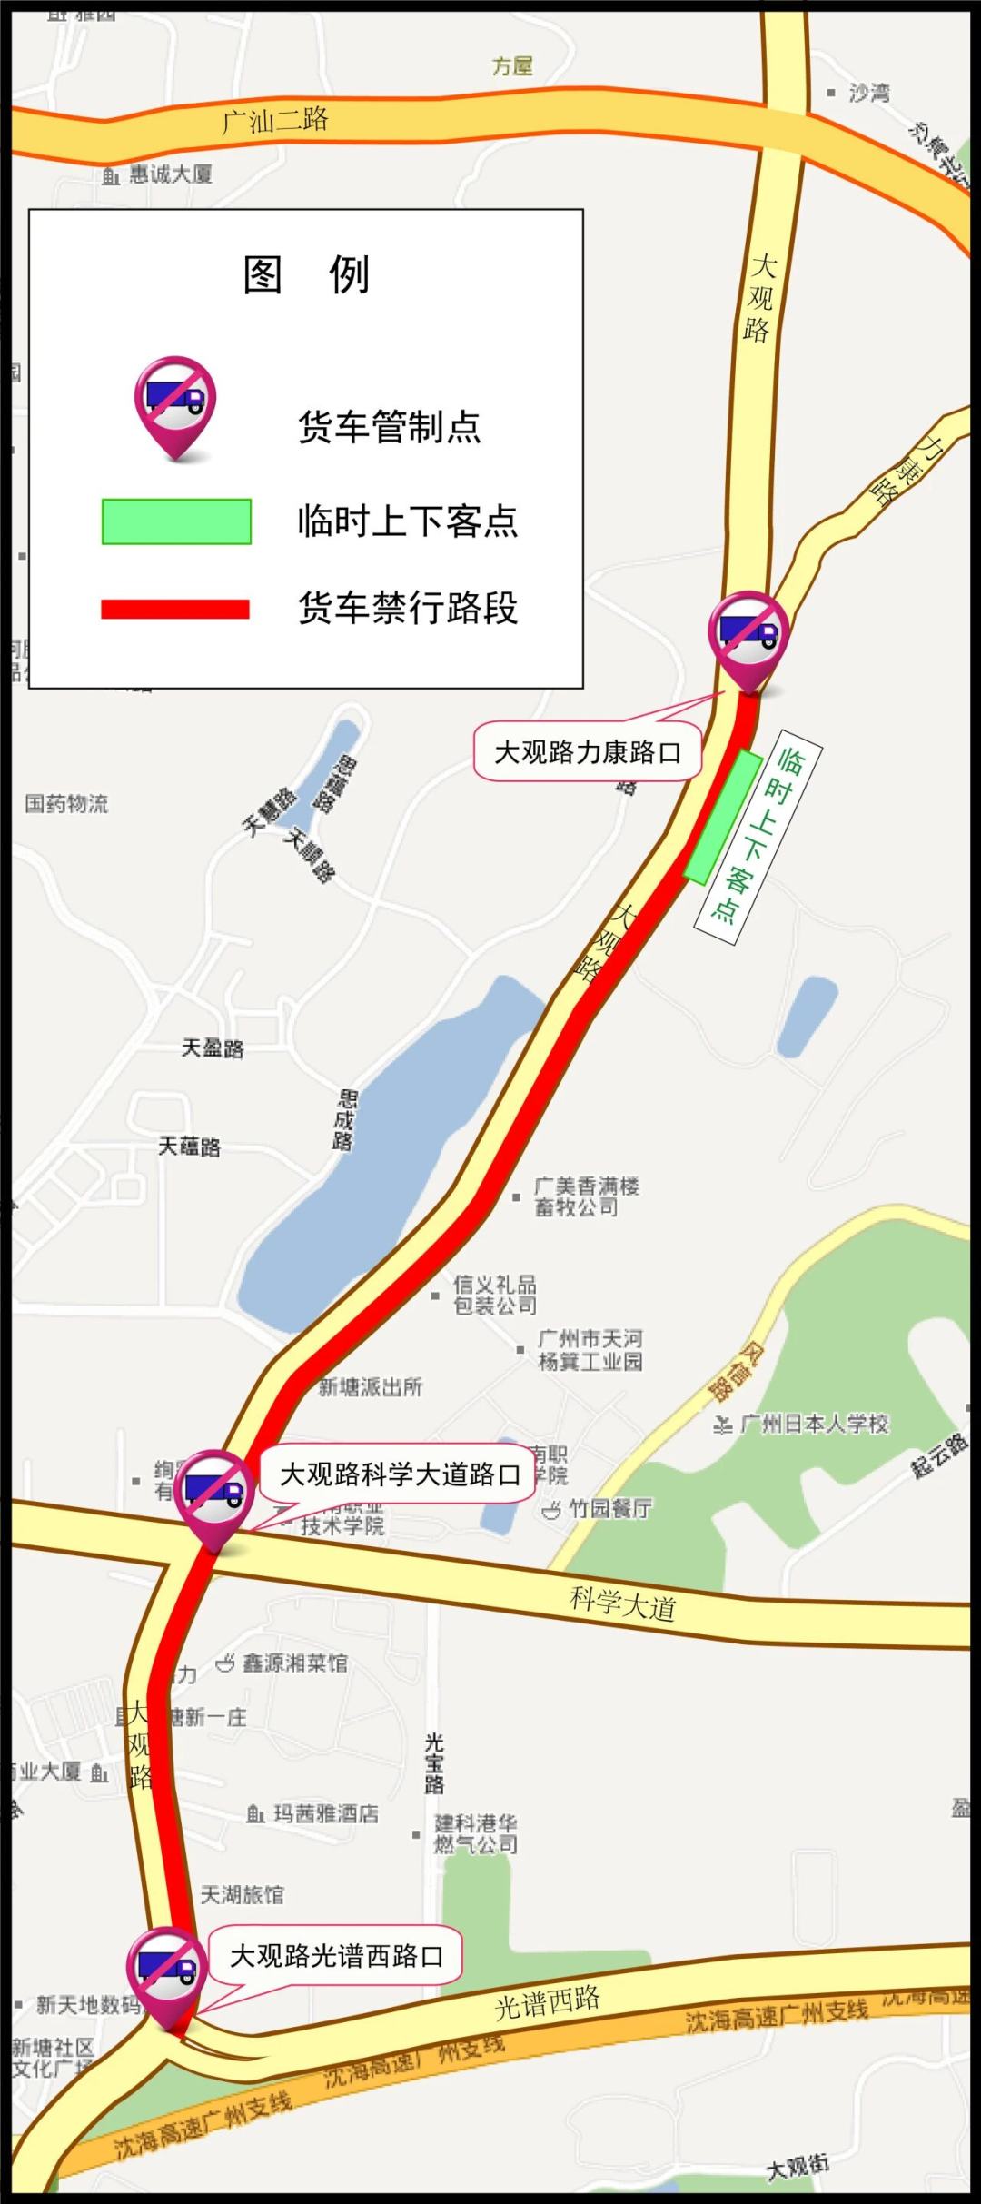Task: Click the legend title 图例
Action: click(306, 273)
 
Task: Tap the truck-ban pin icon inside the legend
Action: click(175, 405)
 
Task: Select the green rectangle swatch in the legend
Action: click(176, 521)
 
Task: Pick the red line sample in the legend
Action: click(175, 609)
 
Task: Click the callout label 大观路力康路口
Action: click(587, 752)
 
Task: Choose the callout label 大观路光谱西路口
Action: click(336, 1955)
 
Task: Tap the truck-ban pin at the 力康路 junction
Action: click(748, 634)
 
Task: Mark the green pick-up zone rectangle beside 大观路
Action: click(723, 817)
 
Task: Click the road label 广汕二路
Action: click(275, 120)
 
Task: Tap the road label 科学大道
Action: click(623, 1604)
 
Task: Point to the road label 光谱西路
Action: click(547, 2002)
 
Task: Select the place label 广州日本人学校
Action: click(814, 1424)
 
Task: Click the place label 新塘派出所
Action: click(371, 1387)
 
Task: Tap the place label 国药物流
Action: click(66, 803)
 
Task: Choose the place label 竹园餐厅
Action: click(609, 1508)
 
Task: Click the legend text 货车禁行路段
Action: click(408, 608)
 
